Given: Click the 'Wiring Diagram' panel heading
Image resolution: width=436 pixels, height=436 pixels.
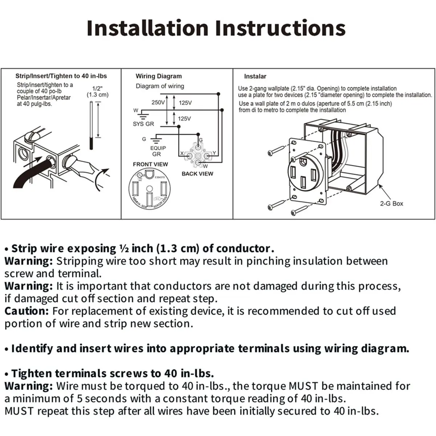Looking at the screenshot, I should tap(158, 76).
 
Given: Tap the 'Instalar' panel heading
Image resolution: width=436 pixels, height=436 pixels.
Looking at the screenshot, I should tap(255, 76).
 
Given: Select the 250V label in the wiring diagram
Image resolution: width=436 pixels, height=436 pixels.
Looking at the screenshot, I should tap(158, 102).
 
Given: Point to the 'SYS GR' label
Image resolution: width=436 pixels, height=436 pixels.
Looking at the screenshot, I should tap(143, 124).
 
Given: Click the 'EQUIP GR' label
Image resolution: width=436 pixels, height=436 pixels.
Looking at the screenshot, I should tap(158, 151).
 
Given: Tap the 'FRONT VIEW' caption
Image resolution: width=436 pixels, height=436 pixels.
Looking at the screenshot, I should tap(150, 164).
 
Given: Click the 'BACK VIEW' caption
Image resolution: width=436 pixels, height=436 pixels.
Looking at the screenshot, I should tap(197, 174).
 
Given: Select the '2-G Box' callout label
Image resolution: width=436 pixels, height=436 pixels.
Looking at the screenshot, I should tap(391, 203).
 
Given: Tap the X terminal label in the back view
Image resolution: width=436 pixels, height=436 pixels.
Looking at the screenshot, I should tap(182, 153).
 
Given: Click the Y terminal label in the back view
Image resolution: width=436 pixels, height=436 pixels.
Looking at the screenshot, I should tap(214, 153).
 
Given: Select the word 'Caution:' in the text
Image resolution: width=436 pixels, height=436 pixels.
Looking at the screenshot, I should tap(26, 311).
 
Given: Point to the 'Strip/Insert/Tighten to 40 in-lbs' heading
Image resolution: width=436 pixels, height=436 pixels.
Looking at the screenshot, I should tap(61, 76).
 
